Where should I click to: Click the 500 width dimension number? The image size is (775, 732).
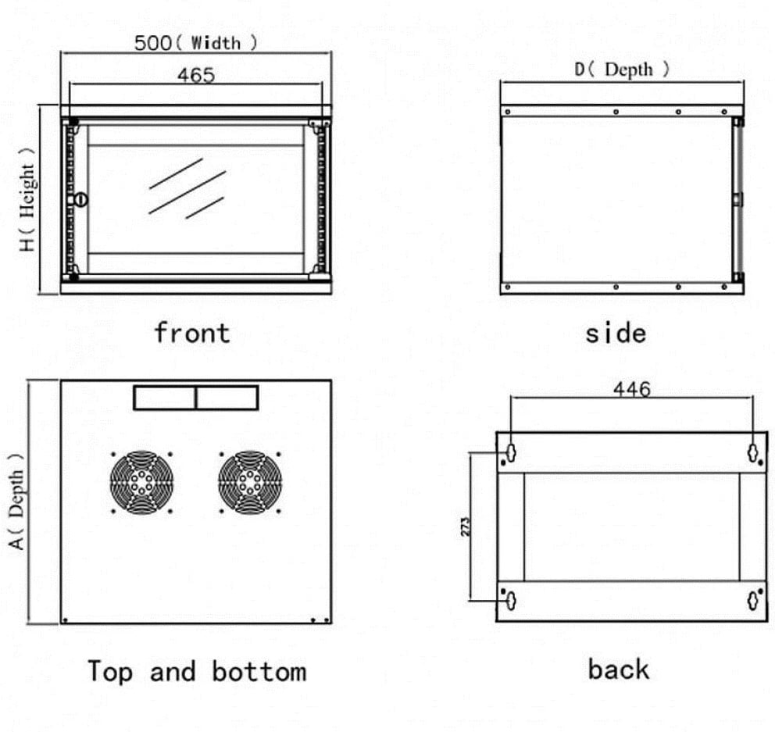tap(152, 42)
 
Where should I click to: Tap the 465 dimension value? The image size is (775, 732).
tap(195, 75)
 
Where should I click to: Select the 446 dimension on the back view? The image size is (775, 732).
tap(631, 388)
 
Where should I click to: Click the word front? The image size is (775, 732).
tap(191, 333)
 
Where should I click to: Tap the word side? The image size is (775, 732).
tap(616, 334)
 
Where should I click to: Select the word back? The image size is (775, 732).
tap(618, 670)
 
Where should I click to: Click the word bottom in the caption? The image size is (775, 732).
tap(259, 671)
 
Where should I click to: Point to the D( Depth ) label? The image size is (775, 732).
tap(622, 70)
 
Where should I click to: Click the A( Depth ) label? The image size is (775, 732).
tap(17, 501)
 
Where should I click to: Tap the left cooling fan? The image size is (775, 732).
tap(141, 482)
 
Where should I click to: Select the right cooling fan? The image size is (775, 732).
tap(250, 482)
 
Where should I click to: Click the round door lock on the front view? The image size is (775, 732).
tap(81, 199)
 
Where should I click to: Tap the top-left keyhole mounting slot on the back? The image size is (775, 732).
tap(509, 452)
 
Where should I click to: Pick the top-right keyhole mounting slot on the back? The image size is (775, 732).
tap(753, 452)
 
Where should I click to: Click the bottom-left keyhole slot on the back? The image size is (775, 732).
tap(509, 601)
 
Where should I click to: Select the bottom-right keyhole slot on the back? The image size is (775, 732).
tap(753, 601)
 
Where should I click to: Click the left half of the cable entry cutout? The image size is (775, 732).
tap(165, 398)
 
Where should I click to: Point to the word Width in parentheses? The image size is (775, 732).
tap(216, 42)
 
